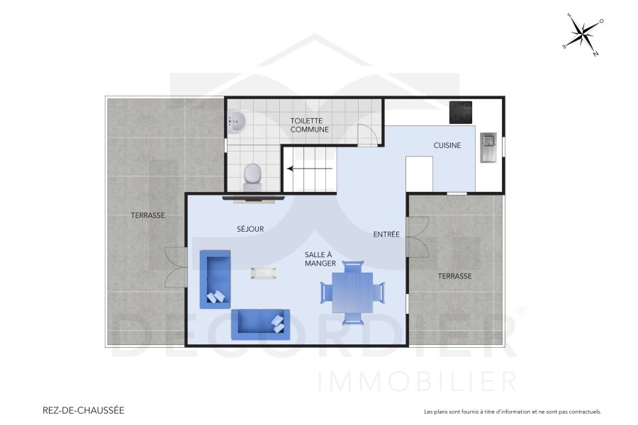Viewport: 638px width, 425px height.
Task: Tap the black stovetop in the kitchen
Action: click(461, 112)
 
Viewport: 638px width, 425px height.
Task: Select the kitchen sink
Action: click(488, 147)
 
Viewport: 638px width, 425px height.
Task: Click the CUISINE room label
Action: click(447, 145)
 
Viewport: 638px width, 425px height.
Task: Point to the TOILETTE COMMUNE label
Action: click(310, 125)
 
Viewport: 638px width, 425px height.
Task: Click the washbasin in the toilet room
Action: click(237, 122)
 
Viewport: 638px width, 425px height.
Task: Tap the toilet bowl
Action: click(252, 176)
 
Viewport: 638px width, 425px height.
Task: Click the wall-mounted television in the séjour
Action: click(253, 198)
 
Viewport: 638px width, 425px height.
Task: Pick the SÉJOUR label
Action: click(250, 229)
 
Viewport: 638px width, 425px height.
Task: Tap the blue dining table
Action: click(352, 292)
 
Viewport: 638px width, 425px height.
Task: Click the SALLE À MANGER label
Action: click(320, 259)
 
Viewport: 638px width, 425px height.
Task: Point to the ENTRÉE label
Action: click(386, 234)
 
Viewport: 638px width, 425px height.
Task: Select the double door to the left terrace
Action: click(175, 267)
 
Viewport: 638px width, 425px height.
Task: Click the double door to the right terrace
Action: click(418, 237)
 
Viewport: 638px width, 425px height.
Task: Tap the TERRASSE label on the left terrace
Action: click(147, 215)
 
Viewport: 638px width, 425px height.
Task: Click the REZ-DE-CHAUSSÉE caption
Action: click(84, 410)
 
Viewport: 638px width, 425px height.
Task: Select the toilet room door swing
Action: click(367, 135)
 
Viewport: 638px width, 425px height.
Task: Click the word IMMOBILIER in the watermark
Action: click(418, 381)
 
